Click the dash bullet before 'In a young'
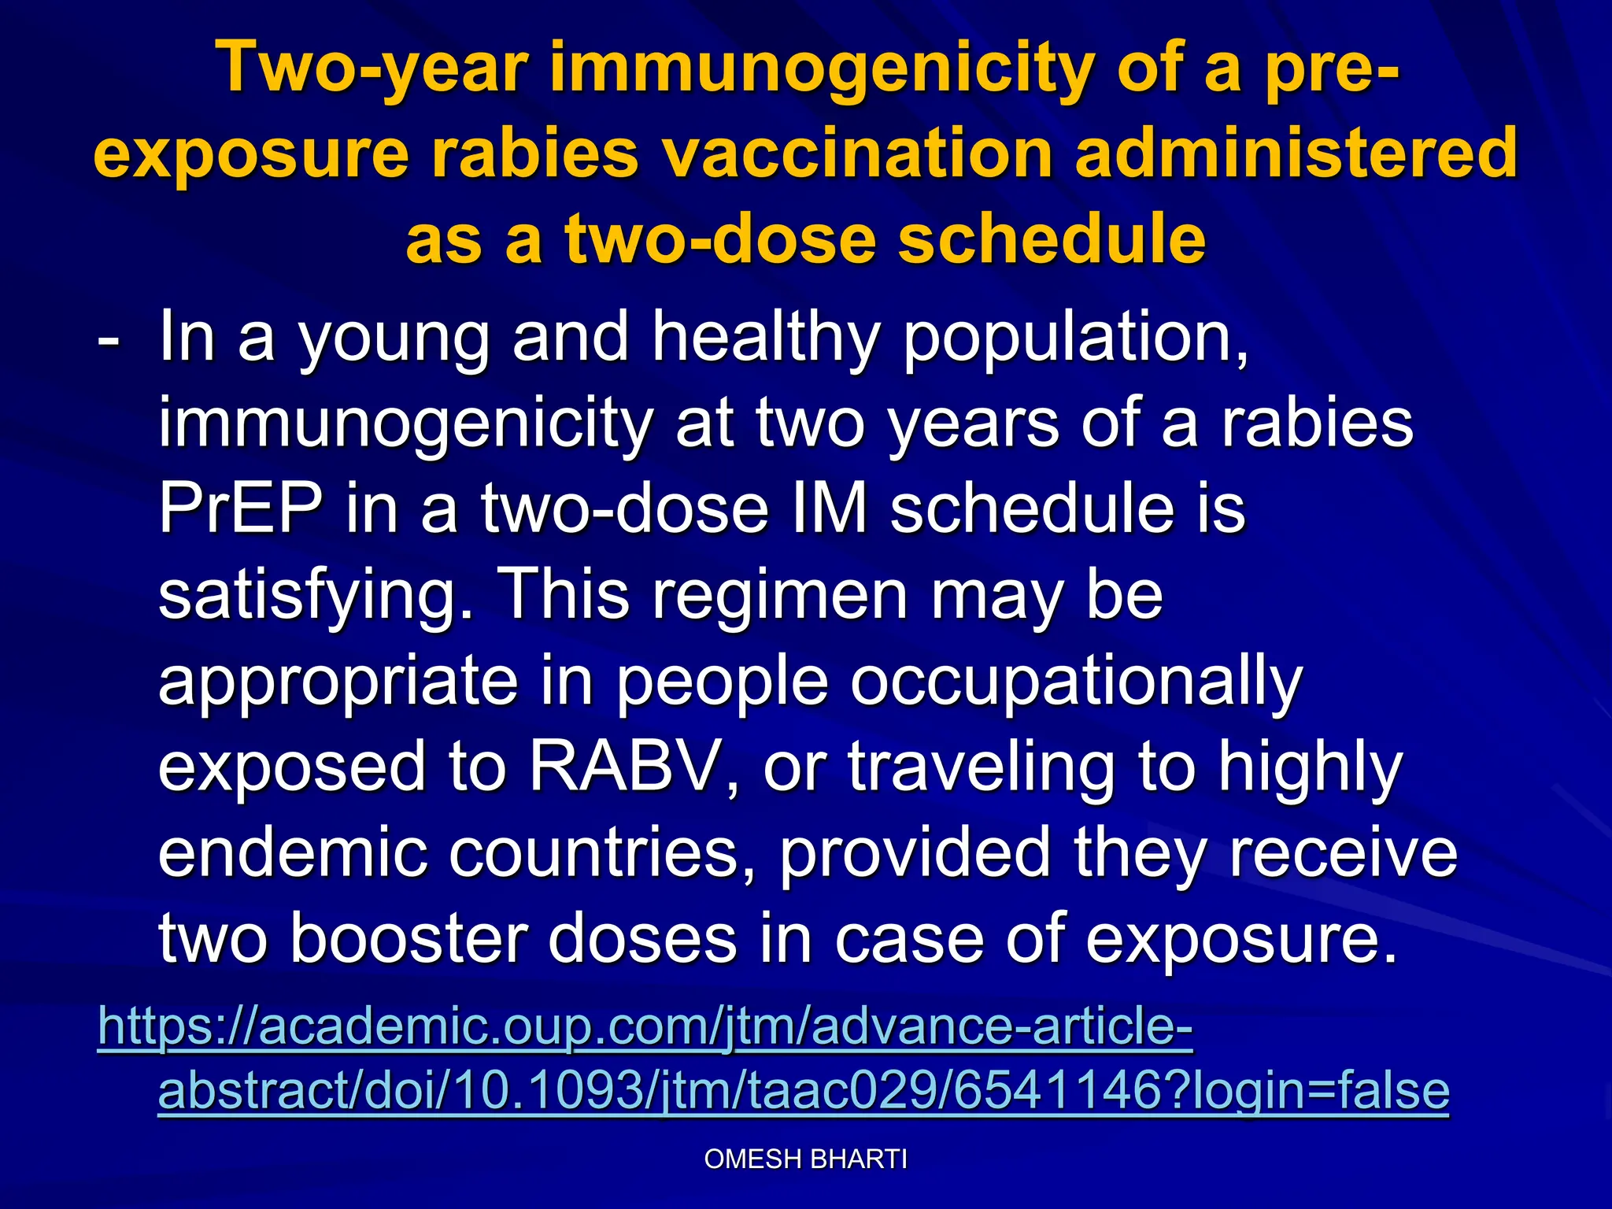point(108,340)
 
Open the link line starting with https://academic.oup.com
point(645,1026)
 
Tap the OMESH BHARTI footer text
point(805,1159)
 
